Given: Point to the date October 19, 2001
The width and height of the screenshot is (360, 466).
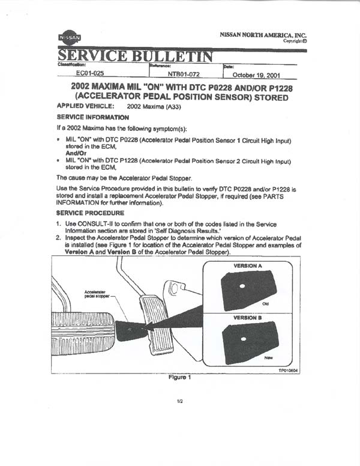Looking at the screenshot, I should [256, 75].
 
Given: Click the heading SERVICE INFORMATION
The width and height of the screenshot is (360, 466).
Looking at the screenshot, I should [92, 117].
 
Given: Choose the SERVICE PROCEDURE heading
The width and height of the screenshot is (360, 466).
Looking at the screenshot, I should [90, 213].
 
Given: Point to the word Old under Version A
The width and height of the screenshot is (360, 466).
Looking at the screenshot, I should [265, 304].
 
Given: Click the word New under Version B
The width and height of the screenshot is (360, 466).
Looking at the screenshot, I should [268, 357].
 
